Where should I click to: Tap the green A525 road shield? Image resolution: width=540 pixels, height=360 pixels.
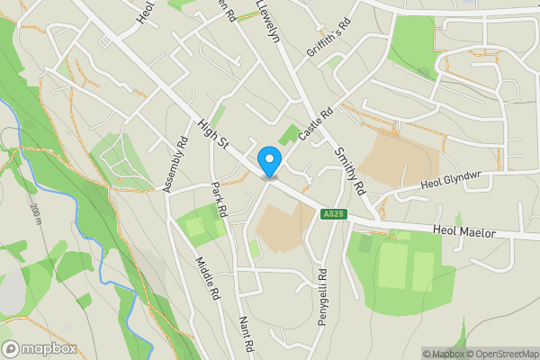pyautogui.click(x=332, y=213)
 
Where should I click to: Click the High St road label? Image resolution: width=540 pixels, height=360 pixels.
pyautogui.click(x=215, y=136)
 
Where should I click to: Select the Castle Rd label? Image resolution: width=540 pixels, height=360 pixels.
pyautogui.click(x=316, y=123)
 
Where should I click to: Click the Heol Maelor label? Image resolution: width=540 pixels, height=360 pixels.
pyautogui.click(x=463, y=232)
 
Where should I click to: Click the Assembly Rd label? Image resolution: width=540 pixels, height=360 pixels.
pyautogui.click(x=175, y=163)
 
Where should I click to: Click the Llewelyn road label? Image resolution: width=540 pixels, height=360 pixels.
pyautogui.click(x=268, y=20)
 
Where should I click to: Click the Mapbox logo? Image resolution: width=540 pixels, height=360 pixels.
pyautogui.click(x=39, y=348)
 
